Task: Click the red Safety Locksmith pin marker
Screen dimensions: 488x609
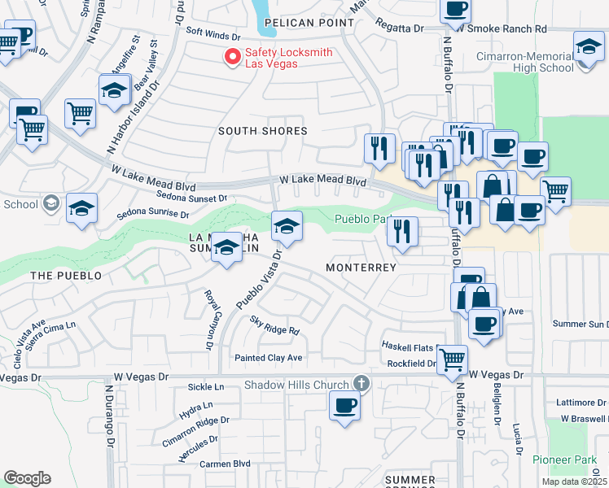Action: (232, 57)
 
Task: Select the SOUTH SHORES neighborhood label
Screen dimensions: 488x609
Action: (262, 131)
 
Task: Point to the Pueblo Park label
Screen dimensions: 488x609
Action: (361, 220)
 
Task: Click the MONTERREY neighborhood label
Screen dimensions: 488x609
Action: (361, 268)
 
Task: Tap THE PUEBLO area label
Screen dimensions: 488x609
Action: (66, 276)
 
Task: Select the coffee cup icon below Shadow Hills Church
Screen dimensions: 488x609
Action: (344, 405)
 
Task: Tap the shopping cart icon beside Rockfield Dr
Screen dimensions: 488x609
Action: (452, 359)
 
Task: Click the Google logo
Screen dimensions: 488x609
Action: (26, 478)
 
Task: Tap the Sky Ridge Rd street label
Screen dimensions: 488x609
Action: (275, 325)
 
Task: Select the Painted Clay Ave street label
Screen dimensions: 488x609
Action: (268, 358)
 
